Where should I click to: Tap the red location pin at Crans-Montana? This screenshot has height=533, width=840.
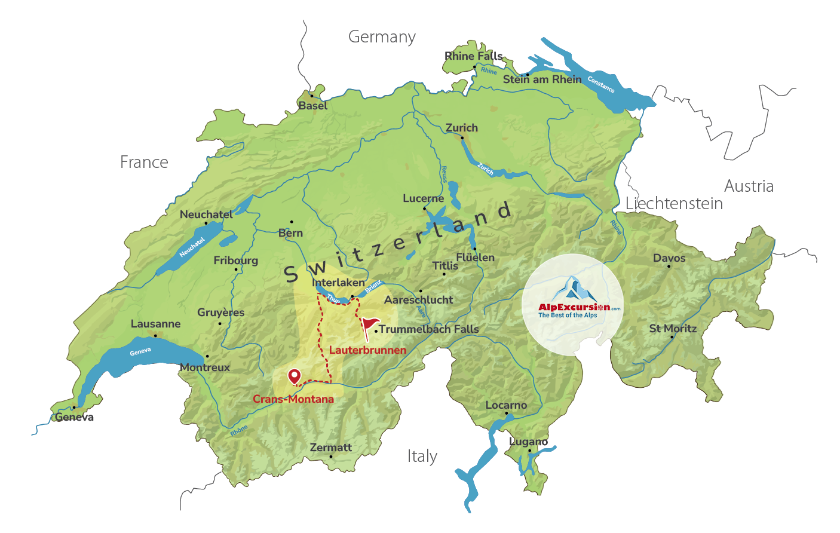[294, 376]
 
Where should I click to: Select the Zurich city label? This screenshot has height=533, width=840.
[461, 128]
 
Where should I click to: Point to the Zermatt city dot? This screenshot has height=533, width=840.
[331, 457]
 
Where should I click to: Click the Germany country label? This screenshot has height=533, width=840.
[382, 37]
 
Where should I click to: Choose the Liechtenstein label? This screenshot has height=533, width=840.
[674, 204]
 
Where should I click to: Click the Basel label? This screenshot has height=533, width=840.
[312, 106]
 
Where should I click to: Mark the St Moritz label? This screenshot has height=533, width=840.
[673, 329]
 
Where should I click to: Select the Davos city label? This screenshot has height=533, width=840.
[669, 258]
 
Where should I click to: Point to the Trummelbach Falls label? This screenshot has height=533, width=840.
[428, 329]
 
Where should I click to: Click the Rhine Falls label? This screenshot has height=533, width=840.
[473, 56]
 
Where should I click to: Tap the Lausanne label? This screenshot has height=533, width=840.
[155, 324]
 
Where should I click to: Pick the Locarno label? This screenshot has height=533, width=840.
[506, 405]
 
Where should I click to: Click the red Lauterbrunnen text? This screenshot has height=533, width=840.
[367, 350]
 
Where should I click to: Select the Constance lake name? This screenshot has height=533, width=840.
[600, 84]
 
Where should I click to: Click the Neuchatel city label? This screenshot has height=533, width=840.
[206, 215]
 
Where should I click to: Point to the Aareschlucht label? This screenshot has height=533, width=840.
[418, 300]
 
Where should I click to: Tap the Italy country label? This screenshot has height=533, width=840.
[422, 457]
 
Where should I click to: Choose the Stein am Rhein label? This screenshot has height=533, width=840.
[542, 79]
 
